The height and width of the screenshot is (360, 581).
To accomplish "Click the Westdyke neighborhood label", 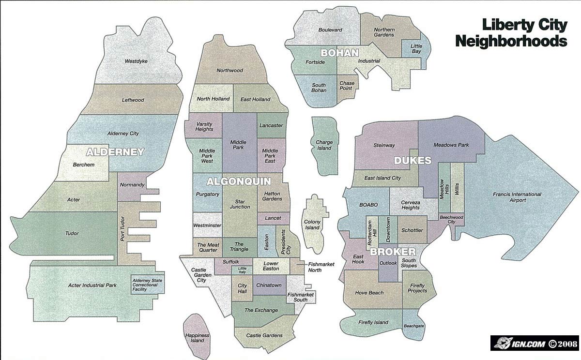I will pos(136,61).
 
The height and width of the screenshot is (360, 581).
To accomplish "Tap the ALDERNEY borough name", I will pos(115,152).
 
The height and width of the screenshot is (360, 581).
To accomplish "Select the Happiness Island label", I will pos(197,338).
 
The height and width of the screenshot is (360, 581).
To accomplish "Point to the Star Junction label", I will pos(240,204).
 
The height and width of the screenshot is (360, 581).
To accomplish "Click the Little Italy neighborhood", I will pos(242,270).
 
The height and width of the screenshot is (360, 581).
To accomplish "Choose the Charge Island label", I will pos(324,145).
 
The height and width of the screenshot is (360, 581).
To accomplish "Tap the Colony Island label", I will pos(312,225).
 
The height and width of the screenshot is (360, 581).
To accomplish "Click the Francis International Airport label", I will pos(517,197).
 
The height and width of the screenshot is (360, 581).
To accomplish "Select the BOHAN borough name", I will pos(339,52).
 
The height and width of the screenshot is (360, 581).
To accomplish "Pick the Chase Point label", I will pos(347,86).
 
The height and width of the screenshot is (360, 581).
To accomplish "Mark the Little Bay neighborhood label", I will pos(416,48).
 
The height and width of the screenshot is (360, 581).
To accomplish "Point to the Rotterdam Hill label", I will pos(370,231).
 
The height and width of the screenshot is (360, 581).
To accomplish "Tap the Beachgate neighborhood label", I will pos(413,326).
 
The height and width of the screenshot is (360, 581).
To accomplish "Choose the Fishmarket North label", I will pos(321,267).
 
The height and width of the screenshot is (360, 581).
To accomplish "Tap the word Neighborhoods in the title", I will pos(511,41).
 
